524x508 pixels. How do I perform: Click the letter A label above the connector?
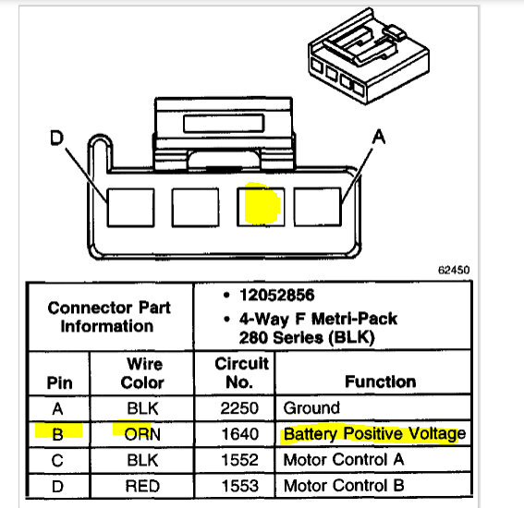point(378,137)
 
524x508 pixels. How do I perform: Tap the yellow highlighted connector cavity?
point(261,205)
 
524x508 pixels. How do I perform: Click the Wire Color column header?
point(143,372)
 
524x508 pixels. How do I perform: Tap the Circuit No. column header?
point(242,372)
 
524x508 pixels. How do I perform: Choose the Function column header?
point(380,381)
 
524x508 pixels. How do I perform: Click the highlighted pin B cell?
point(57,432)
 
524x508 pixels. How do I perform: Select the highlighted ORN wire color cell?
point(143,432)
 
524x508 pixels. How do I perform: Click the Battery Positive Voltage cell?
point(373,433)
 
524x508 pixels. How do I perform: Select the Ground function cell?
point(311,407)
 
